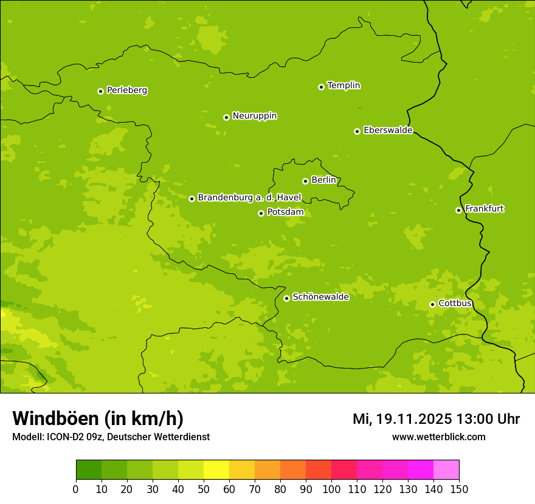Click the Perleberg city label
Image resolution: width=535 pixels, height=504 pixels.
click(126, 90)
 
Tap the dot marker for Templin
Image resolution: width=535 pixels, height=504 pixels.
click(321, 87)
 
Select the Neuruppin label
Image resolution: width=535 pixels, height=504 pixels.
click(254, 116)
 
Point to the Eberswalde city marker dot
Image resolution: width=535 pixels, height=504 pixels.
click(357, 131)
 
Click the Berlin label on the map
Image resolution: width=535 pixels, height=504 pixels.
click(323, 180)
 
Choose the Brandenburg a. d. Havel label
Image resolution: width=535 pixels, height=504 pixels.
click(249, 198)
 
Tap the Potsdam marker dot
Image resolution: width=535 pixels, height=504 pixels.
click(261, 213)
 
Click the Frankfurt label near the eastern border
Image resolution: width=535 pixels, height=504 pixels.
click(484, 209)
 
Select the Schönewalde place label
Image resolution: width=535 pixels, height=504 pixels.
click(320, 297)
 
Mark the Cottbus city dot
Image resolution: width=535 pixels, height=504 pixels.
click(432, 304)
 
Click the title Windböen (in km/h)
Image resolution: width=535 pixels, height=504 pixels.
click(98, 418)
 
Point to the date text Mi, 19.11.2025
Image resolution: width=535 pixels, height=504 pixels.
click(402, 419)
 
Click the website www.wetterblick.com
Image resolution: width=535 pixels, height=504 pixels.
click(438, 437)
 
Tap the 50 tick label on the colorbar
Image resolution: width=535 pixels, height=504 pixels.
click(204, 489)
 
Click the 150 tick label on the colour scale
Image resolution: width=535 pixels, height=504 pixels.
click(459, 489)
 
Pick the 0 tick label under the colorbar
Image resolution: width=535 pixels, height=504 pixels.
click(76, 489)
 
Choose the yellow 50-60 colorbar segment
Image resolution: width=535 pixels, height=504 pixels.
click(216, 470)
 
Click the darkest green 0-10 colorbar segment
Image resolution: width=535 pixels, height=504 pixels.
click(89, 470)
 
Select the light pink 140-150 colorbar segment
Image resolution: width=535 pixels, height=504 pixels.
click(446, 470)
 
